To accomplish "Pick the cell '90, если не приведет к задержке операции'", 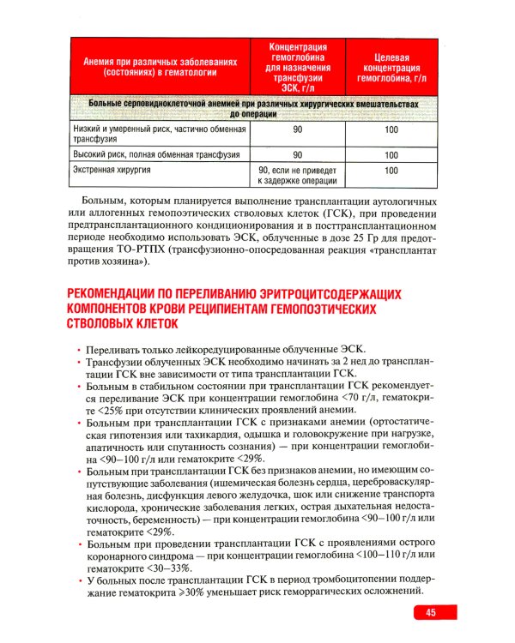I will point(297,175).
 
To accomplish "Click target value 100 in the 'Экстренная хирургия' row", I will point(391,171).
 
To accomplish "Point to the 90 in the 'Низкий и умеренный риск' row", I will point(297,129).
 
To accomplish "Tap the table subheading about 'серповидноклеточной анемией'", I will point(253,107).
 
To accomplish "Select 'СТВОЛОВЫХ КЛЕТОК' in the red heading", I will point(123,325).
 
